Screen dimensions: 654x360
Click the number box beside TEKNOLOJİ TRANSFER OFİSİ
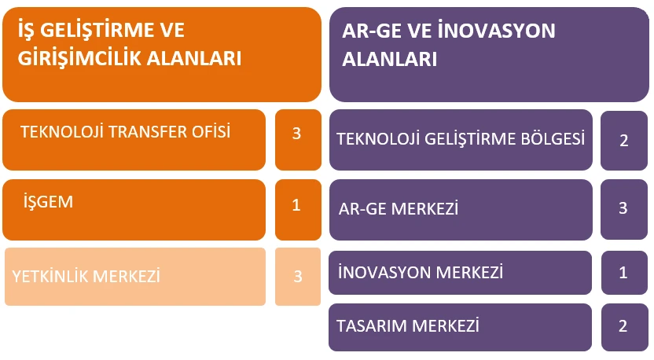(x=298, y=140)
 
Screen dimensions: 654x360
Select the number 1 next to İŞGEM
(x=296, y=205)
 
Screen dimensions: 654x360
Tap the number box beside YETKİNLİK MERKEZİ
(x=298, y=277)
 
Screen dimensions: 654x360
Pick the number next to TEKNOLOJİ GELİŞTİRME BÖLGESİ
(x=624, y=141)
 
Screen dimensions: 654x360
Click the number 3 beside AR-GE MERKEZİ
(x=623, y=208)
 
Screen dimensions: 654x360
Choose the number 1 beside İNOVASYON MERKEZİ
(x=623, y=273)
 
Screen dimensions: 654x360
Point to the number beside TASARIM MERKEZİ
(x=623, y=325)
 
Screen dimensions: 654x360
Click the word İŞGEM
(x=49, y=201)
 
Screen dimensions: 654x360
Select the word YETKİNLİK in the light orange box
(x=50, y=276)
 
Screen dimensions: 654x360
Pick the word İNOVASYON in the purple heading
(x=496, y=31)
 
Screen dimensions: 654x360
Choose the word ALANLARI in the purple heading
(x=390, y=59)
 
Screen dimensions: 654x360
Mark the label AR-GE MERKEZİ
(x=399, y=208)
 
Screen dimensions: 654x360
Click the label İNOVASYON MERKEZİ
(x=421, y=273)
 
